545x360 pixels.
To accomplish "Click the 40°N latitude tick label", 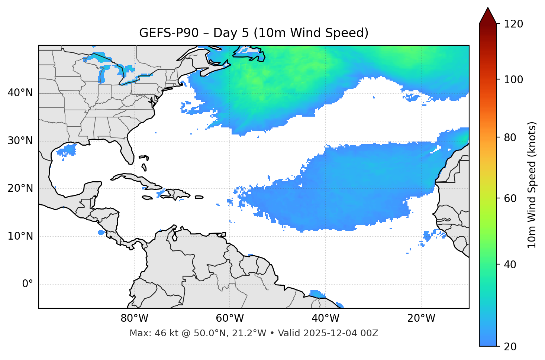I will [x=20, y=93].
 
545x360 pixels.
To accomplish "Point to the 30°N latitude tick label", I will [x=20, y=141].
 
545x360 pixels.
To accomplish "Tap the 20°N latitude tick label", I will [x=20, y=188].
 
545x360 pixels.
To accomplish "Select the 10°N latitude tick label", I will [x=20, y=236].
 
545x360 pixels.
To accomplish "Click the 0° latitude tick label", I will [x=28, y=284].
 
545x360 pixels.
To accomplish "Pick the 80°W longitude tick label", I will [x=134, y=318].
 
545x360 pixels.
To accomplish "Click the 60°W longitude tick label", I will [x=230, y=318].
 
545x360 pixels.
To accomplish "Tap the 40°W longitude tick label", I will [x=325, y=318].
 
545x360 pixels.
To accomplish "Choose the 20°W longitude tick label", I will [x=421, y=318].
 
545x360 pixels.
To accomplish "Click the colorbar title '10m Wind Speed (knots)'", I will [x=532, y=185].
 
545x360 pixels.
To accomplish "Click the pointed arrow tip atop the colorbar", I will [x=488, y=8].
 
